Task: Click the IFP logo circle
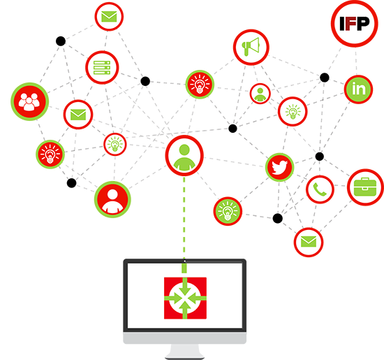[x=355, y=23]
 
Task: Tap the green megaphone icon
[x=251, y=47]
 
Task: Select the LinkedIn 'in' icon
[x=359, y=89]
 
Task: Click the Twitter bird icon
[x=279, y=167]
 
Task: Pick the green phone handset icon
[x=320, y=189]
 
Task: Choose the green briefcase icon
[x=365, y=187]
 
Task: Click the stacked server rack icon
[x=102, y=67]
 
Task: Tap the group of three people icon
[x=29, y=101]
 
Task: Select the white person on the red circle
[x=112, y=199]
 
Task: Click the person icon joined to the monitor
[x=184, y=156]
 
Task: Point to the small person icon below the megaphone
[x=260, y=94]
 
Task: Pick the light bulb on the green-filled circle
[x=228, y=211]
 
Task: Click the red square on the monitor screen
[x=185, y=298]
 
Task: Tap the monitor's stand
[x=184, y=351]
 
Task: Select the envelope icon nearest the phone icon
[x=309, y=242]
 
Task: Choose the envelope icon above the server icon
[x=109, y=17]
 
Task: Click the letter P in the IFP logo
[x=364, y=23]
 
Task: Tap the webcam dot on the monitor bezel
[x=184, y=261]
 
